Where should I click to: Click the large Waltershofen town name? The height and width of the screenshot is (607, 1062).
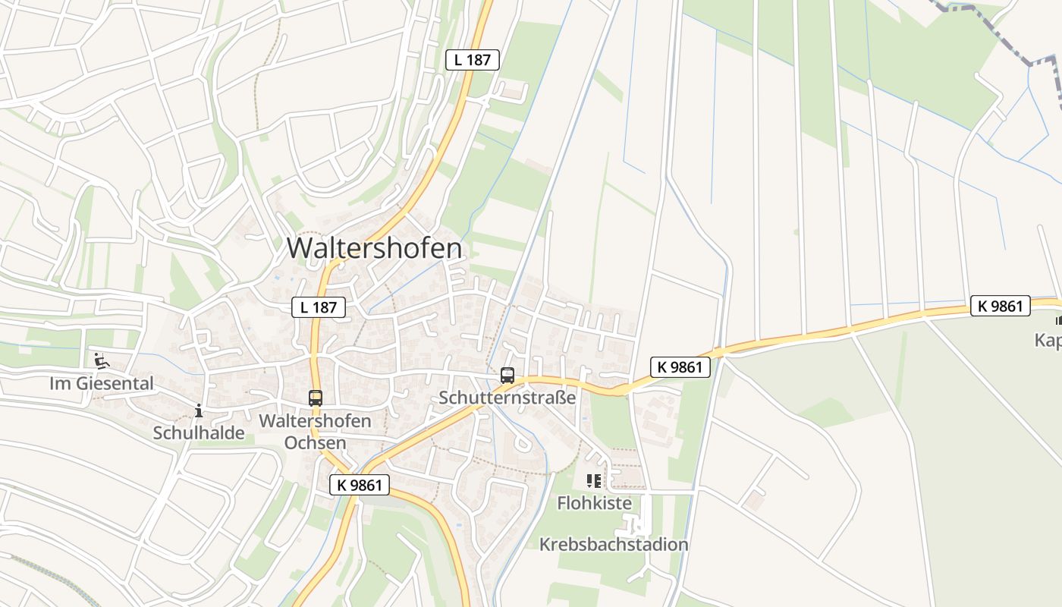(x=374, y=249)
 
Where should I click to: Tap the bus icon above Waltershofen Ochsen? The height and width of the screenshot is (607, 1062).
(x=315, y=398)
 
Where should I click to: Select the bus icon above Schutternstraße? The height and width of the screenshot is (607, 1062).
(x=507, y=375)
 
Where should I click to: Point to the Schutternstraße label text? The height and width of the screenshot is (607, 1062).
(x=507, y=398)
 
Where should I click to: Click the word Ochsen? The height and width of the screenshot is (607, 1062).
(x=315, y=442)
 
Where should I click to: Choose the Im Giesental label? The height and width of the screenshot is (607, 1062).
(x=102, y=383)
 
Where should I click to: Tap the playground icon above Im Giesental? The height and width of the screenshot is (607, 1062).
(x=101, y=360)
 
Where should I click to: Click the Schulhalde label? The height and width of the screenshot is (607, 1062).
(x=199, y=432)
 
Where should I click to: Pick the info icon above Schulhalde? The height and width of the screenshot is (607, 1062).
(x=199, y=410)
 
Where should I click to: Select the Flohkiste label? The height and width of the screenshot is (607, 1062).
(x=594, y=502)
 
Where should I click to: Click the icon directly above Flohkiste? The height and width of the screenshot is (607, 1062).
(x=594, y=480)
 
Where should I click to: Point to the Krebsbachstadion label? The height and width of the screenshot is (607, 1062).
(x=614, y=544)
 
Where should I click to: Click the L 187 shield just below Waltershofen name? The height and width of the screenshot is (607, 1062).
(x=319, y=307)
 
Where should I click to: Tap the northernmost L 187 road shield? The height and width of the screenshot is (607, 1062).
(x=472, y=60)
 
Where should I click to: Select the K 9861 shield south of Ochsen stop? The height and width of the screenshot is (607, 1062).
(x=360, y=485)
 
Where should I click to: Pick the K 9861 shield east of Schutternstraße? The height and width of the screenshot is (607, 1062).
(x=680, y=368)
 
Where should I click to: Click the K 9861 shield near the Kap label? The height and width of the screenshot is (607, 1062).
(x=1001, y=307)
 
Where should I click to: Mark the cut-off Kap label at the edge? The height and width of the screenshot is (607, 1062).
(x=1048, y=340)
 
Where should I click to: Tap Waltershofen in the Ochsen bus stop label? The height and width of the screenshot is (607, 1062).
(x=315, y=421)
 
